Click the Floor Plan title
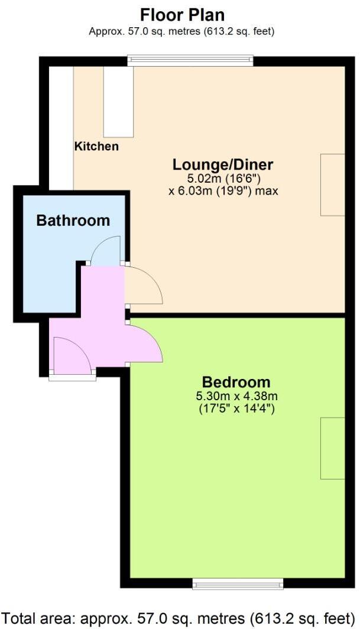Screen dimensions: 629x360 tap(182, 15)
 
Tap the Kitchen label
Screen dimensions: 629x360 tap(96, 146)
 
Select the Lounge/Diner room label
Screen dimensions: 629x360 tap(222, 164)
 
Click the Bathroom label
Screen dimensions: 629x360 tap(73, 221)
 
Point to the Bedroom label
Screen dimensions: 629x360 tap(236, 382)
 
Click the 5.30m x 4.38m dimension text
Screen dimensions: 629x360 tap(236, 396)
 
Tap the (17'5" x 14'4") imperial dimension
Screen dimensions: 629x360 tap(236, 408)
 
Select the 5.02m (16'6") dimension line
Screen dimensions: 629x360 tap(222, 178)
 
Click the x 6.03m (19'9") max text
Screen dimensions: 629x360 tap(223, 191)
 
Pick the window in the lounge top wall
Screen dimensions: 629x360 tap(190, 59)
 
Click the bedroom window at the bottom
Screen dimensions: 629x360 tap(238, 584)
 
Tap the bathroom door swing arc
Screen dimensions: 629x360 tap(106, 251)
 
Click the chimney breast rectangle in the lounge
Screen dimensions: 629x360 tap(332, 184)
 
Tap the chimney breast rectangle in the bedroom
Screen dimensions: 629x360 tap(332, 448)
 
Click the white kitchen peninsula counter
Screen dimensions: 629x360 tap(118, 102)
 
